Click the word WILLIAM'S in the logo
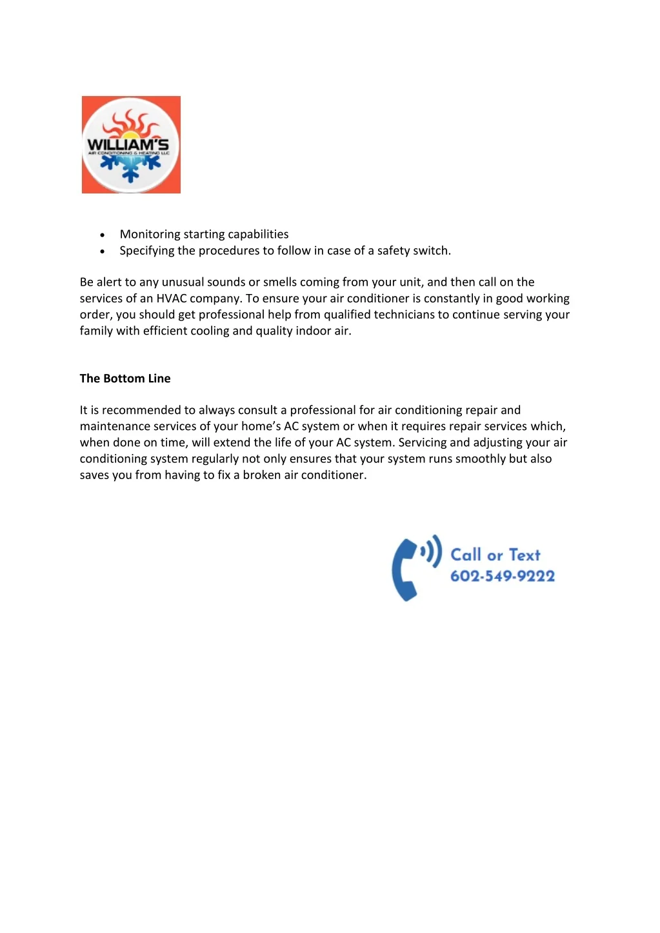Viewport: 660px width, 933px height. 128,144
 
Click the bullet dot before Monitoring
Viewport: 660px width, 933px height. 103,235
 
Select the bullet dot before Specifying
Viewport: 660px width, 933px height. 103,251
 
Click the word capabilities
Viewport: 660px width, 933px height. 258,234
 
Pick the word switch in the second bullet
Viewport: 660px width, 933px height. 432,250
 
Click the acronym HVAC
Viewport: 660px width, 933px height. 171,298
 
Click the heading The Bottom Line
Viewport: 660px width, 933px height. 125,378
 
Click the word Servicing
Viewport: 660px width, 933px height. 423,442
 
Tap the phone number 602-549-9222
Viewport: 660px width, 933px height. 502,576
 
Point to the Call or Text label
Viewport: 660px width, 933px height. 495,555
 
